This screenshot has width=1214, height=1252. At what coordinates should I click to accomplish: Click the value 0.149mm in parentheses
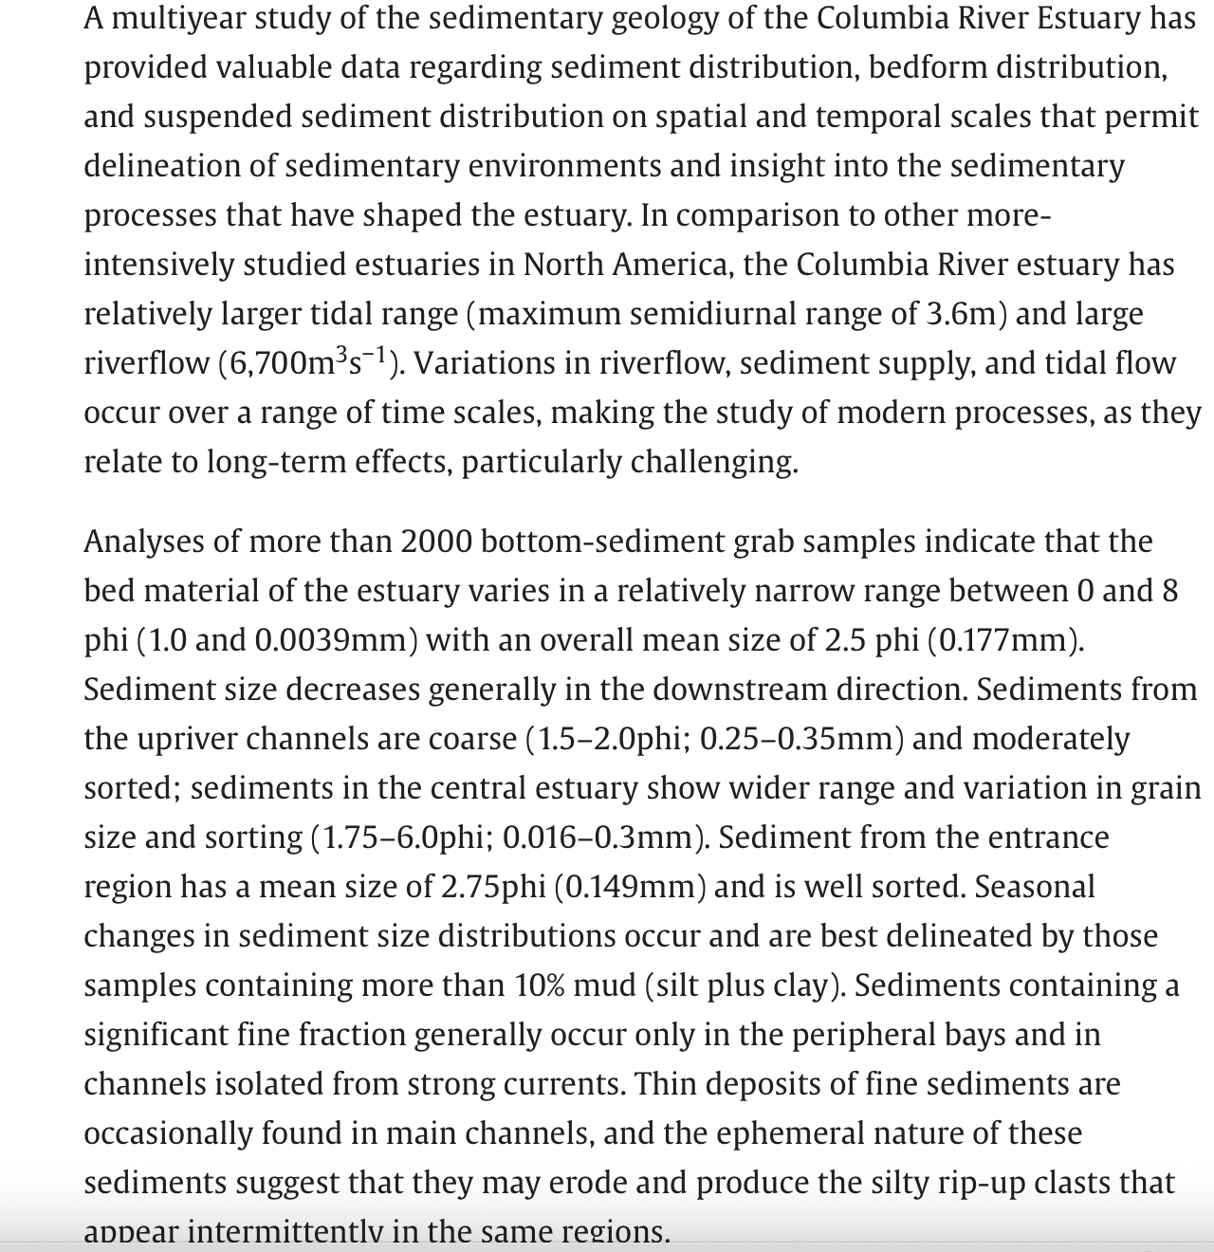629,887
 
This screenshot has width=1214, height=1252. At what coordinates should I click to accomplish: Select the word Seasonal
1034,887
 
